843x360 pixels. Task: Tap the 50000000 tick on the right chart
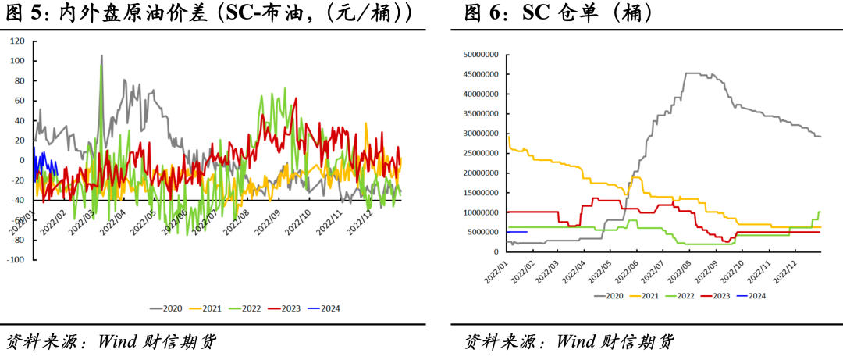(x=480, y=55)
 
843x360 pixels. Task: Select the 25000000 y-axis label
(x=480, y=153)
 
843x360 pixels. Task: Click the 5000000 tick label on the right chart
(x=482, y=232)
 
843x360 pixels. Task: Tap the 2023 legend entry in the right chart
(x=716, y=296)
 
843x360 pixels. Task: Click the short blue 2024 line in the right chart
(x=518, y=232)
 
